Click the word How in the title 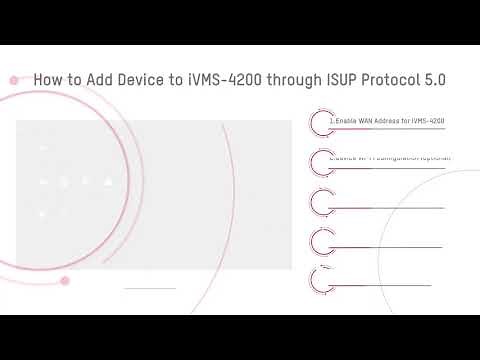(48, 79)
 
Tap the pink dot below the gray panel (65, 281)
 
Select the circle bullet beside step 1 (321, 122)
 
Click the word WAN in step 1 (369, 121)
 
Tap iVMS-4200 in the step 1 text (428, 121)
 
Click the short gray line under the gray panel (149, 288)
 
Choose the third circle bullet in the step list (321, 201)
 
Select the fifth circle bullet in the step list (321, 277)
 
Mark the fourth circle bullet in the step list (321, 240)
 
